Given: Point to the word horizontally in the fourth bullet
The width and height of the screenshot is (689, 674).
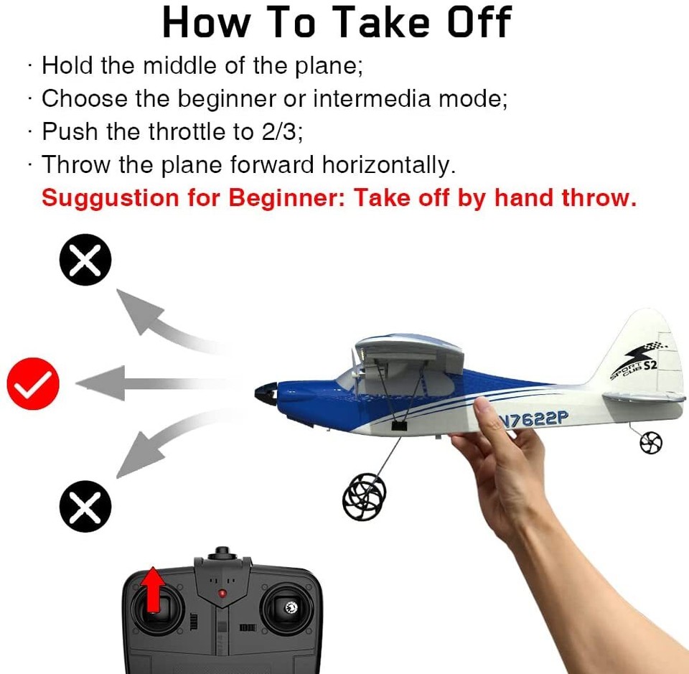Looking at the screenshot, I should [x=388, y=165].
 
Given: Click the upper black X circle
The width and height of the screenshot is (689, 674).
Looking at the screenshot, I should [x=85, y=259].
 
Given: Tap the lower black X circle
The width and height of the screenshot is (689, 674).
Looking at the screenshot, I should [x=85, y=506].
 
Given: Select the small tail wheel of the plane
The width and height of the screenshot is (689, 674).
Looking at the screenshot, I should [x=651, y=443].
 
